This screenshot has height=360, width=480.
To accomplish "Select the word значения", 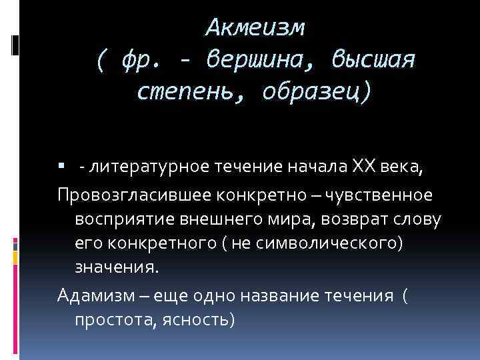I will coord(117,268).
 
